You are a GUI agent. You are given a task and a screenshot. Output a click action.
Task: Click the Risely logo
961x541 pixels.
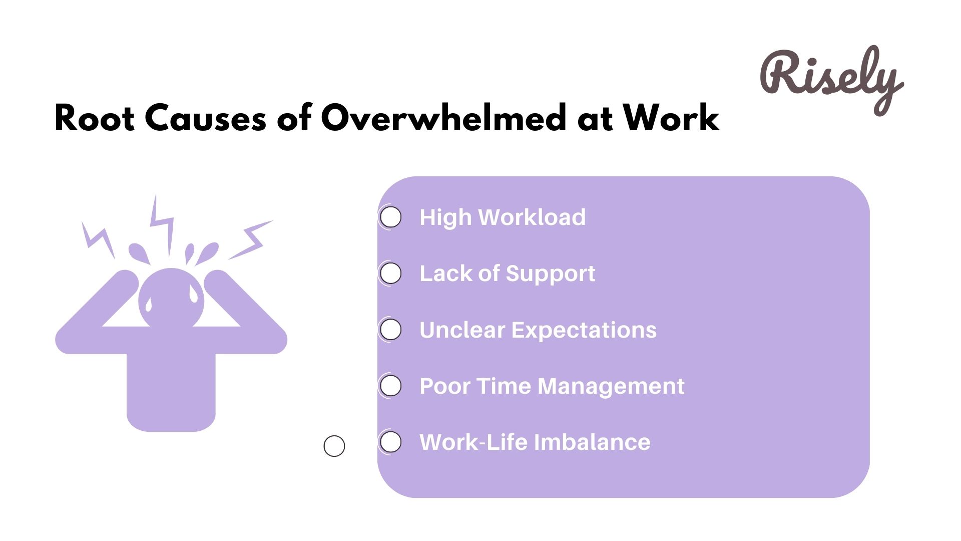pos(831,80)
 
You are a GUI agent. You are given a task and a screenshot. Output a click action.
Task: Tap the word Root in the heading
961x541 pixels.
pos(94,118)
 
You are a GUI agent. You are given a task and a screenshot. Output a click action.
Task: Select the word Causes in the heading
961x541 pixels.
pos(205,118)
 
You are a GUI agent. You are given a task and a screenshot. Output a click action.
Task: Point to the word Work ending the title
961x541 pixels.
pos(671,118)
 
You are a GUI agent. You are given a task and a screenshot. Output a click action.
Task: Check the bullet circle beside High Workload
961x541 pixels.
pos(391,217)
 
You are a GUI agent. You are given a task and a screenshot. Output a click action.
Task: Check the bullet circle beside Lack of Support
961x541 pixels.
pos(391,274)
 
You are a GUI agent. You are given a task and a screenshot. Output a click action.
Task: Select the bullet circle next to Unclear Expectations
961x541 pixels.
pos(391,330)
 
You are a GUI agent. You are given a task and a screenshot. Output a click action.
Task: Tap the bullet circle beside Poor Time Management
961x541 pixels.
pos(391,386)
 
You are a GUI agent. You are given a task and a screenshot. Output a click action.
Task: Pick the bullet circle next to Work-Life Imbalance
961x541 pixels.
pos(391,442)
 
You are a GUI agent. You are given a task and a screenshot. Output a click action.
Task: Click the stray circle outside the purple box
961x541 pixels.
pos(334,446)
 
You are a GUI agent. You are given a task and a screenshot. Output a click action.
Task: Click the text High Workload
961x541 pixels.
pos(503,217)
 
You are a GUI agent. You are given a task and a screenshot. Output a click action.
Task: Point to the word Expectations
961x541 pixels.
pos(584,330)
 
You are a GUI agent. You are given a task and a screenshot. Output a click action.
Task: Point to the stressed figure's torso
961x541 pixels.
pos(171,386)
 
